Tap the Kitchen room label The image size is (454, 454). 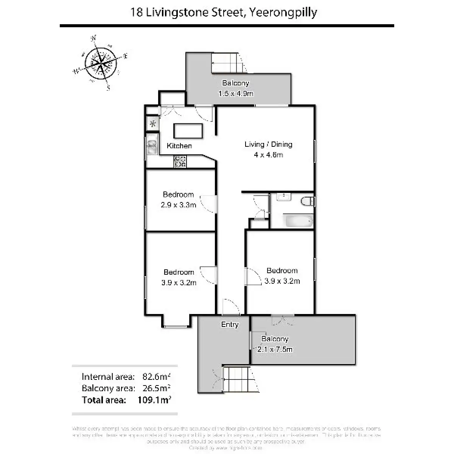click(x=179, y=146)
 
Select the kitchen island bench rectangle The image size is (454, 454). click(x=188, y=131)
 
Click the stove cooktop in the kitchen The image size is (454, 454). click(x=180, y=162)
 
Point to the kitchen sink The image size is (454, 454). click(x=152, y=146)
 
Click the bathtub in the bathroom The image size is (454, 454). click(x=299, y=221)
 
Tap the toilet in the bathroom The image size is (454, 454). click(x=307, y=201)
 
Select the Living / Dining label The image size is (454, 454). click(x=268, y=144)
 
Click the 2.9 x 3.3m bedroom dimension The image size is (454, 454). click(x=178, y=205)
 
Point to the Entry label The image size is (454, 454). click(x=230, y=325)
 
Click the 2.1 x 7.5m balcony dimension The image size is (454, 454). click(x=275, y=349)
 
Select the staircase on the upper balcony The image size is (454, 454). click(x=227, y=62)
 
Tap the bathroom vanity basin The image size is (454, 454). click(x=283, y=197)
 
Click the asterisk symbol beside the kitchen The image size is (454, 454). click(x=153, y=123)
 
